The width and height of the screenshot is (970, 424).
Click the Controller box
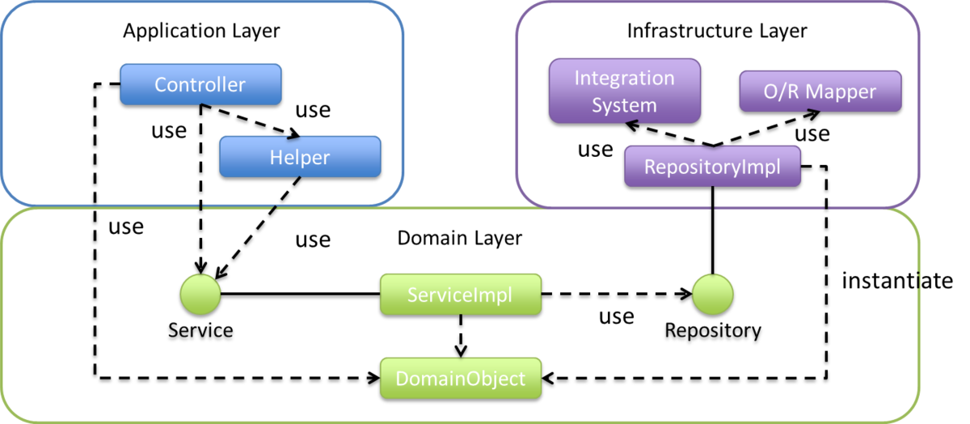[200, 84]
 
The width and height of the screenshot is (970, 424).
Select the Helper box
[299, 156]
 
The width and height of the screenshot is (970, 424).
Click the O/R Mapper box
[820, 91]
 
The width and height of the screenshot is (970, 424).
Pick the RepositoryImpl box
[712, 167]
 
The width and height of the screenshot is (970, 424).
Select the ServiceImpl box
[460, 295]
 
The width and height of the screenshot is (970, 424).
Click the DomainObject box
[460, 378]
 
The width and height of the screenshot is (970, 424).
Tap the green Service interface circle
[200, 295]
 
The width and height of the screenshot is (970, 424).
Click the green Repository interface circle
[712, 295]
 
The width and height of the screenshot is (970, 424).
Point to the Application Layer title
[201, 32]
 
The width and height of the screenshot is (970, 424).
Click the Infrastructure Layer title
[717, 32]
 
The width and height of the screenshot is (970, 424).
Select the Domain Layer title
[459, 238]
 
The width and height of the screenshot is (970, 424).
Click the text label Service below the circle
[200, 330]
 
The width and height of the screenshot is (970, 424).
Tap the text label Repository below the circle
[712, 330]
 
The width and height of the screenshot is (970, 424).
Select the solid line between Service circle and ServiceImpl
[299, 295]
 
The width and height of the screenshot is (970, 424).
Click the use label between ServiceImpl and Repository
[616, 316]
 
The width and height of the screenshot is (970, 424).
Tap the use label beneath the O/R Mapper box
[812, 133]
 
